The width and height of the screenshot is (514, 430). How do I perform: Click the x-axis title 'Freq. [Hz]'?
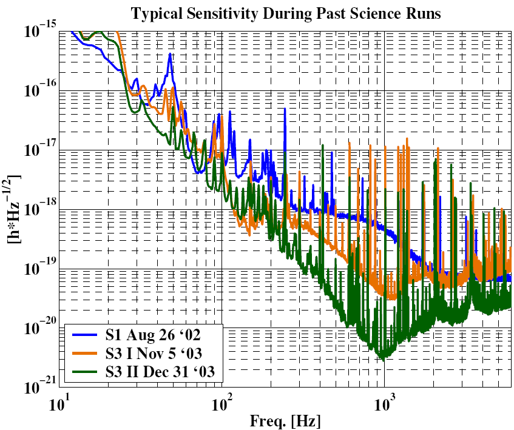point(285,420)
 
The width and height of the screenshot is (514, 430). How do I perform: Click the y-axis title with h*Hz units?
point(13,209)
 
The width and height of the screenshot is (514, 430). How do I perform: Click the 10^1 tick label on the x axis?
point(59,403)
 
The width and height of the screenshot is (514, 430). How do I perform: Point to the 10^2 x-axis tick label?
point(222,403)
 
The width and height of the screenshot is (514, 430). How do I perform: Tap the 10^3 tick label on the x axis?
point(385,403)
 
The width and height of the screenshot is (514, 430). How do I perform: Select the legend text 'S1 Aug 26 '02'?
point(144,335)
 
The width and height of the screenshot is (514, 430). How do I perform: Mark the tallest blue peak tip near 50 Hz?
point(171,54)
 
